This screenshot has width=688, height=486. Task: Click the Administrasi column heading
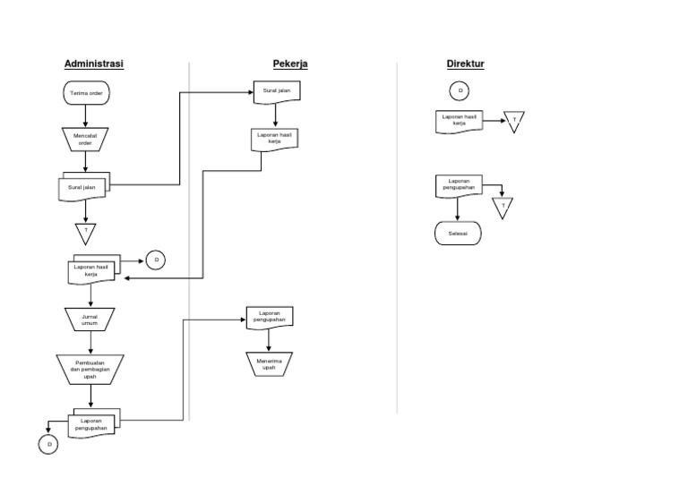tap(93, 64)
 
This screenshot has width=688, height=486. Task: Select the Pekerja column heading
tap(290, 64)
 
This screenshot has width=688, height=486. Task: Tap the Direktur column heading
tap(465, 64)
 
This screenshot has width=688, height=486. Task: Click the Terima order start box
tap(87, 92)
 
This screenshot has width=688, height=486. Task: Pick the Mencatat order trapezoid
tap(84, 139)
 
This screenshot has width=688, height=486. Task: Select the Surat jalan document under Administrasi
tap(83, 187)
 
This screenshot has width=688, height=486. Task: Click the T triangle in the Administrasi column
tap(86, 232)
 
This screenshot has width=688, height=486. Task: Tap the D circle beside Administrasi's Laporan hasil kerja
tap(156, 260)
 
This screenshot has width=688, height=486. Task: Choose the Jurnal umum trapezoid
tap(90, 320)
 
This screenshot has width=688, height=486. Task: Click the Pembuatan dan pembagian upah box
tap(90, 369)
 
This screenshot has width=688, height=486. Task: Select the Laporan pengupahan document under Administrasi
tap(92, 424)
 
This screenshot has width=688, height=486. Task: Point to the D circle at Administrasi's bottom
tap(49, 444)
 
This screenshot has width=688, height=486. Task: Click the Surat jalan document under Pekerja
tap(276, 91)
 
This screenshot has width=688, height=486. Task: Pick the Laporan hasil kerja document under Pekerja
tap(274, 139)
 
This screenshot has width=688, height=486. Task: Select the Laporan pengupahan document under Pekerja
tap(269, 317)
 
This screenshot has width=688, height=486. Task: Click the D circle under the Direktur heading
tap(460, 90)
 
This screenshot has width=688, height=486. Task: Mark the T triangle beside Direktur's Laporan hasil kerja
tap(514, 121)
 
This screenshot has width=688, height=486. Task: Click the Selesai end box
tap(458, 234)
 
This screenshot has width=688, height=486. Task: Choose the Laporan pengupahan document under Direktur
tap(458, 185)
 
